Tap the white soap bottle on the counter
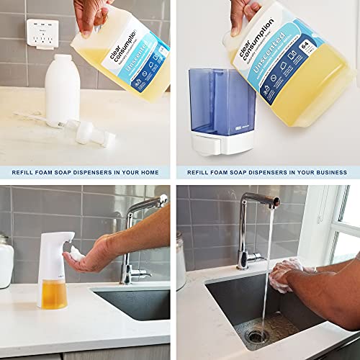tap(61, 91)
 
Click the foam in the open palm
tap(76, 254)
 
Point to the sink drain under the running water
tap(256, 336)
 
